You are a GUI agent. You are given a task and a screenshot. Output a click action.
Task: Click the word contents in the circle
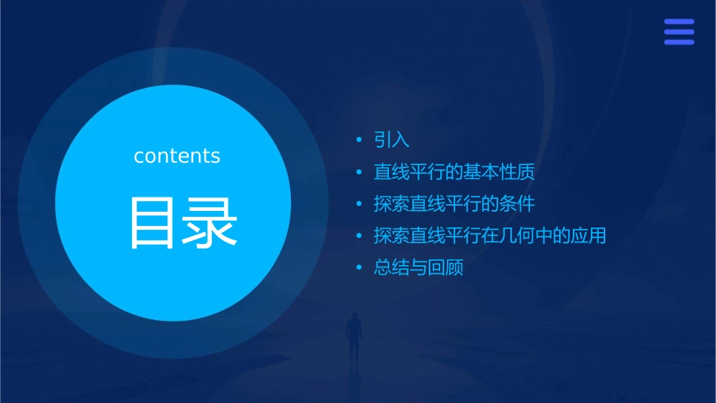(177, 156)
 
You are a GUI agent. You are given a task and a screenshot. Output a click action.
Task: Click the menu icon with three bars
(678, 32)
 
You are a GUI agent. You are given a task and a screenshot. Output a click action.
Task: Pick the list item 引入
(391, 140)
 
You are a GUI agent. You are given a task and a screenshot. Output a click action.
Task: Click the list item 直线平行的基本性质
(454, 172)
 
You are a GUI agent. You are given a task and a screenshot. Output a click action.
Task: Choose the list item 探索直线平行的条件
(454, 203)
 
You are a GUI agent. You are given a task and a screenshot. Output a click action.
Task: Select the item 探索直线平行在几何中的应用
(490, 236)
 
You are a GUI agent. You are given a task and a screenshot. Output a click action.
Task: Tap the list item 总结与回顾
(418, 267)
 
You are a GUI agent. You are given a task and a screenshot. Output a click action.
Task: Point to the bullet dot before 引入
(360, 140)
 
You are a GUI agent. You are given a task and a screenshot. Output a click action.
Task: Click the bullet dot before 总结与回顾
(360, 267)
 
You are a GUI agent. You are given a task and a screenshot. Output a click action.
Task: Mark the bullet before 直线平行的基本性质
(360, 172)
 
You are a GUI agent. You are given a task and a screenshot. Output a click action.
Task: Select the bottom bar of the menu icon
(678, 42)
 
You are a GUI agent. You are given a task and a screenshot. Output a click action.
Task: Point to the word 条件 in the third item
(517, 203)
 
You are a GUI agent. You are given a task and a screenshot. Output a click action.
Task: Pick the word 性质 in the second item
(517, 172)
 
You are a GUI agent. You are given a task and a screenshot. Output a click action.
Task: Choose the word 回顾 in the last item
(445, 267)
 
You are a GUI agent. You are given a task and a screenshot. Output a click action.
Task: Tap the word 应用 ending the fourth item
(589, 236)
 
